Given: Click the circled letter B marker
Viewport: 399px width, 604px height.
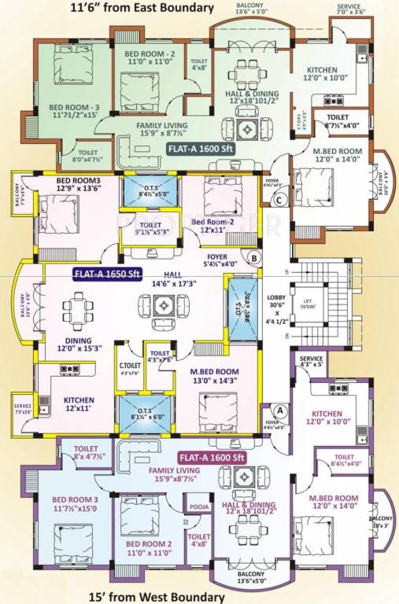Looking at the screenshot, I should (254, 256).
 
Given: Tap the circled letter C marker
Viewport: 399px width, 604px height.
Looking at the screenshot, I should (279, 199).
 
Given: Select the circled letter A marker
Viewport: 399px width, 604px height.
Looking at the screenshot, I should (278, 409).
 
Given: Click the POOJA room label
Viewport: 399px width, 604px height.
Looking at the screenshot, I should (200, 507).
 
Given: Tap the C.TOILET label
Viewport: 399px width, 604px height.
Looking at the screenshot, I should (130, 366).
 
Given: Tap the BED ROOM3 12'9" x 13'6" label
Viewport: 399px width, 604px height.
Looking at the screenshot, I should (76, 185).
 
